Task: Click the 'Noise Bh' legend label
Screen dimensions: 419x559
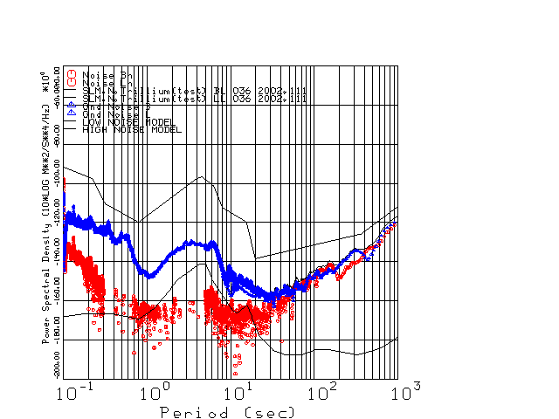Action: point(107,76)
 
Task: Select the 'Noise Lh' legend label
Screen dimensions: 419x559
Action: point(107,83)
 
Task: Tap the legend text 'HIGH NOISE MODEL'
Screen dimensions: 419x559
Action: point(132,129)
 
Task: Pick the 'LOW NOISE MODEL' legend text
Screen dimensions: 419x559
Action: point(128,122)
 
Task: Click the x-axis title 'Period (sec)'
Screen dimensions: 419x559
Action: point(227,411)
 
